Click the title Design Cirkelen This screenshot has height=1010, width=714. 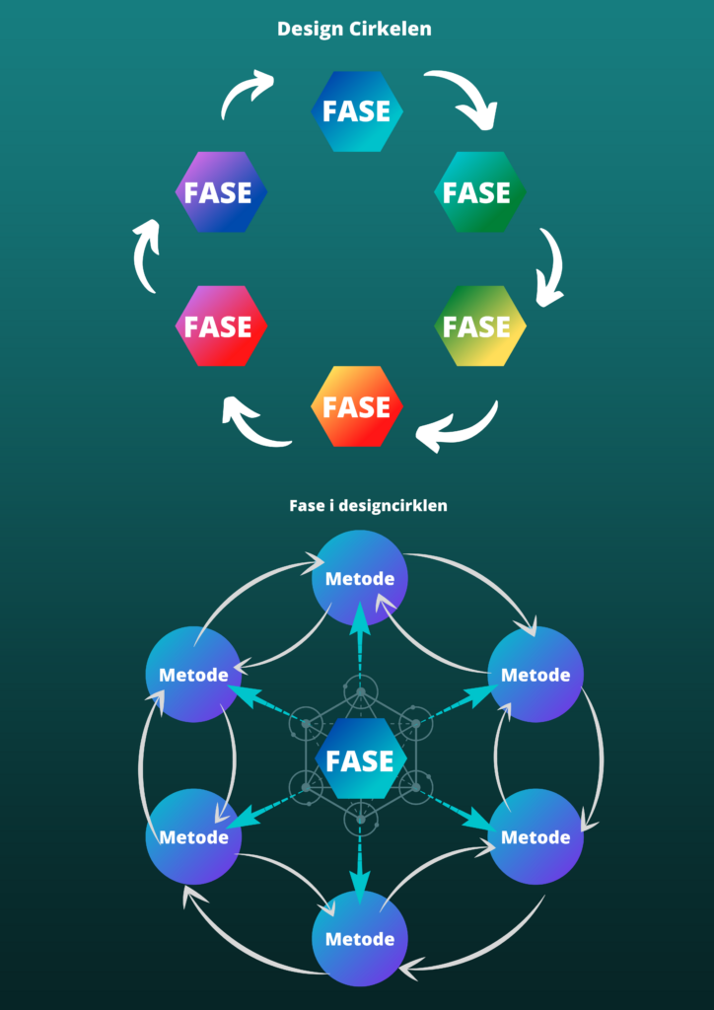(354, 30)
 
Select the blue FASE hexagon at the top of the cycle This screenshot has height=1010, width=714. (357, 111)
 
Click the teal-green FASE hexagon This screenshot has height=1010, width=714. (480, 192)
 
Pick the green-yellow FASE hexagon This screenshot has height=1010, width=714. (480, 326)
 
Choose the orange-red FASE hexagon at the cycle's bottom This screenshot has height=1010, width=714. (357, 405)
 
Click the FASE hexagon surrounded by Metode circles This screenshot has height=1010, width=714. (360, 760)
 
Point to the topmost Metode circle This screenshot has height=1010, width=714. (360, 578)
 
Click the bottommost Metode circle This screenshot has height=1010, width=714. (360, 938)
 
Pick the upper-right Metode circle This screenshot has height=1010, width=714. (535, 675)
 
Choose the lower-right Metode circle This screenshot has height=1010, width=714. (535, 836)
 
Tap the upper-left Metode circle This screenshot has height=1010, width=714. (193, 675)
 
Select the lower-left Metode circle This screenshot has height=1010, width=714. (193, 836)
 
